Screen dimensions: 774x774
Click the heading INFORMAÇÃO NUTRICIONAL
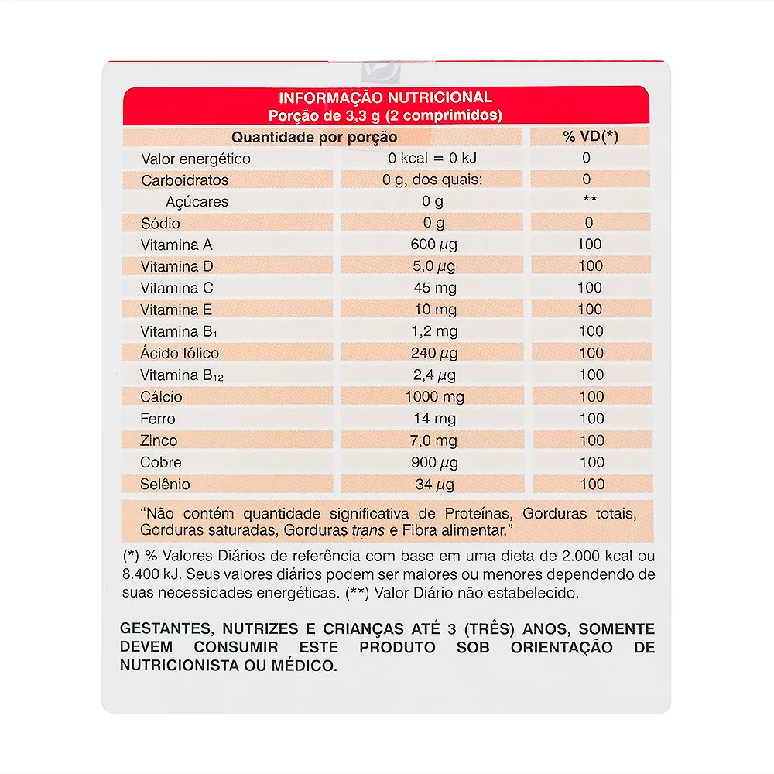(x=385, y=98)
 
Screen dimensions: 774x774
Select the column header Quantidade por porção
(x=315, y=137)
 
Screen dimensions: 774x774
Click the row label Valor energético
(x=196, y=159)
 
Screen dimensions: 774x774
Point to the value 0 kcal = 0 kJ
(x=433, y=159)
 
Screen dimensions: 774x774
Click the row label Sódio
(x=160, y=224)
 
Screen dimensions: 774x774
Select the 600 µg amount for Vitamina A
(x=433, y=245)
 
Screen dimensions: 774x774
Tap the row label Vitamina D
(x=176, y=266)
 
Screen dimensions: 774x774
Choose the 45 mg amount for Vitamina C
(x=433, y=288)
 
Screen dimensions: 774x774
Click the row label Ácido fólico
(x=180, y=353)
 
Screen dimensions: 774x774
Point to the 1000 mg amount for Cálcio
(x=433, y=397)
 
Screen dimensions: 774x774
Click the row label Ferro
(x=158, y=419)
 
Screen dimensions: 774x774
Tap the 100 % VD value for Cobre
(x=591, y=462)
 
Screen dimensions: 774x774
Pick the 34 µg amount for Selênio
(x=433, y=485)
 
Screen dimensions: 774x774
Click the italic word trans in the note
(x=368, y=532)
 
